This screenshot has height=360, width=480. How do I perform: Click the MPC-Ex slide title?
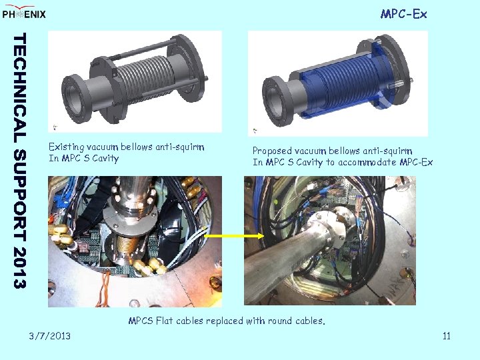coord(403,14)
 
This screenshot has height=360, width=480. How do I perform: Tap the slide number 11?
coord(446,335)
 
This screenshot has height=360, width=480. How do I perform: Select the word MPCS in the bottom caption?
coord(141,321)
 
